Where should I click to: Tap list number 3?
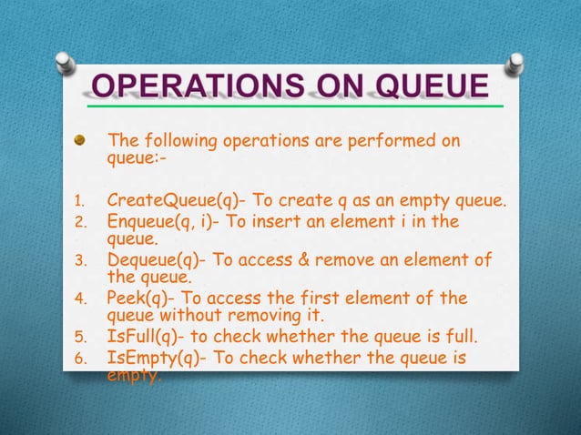[78, 263]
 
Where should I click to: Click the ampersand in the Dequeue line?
[306, 261]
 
